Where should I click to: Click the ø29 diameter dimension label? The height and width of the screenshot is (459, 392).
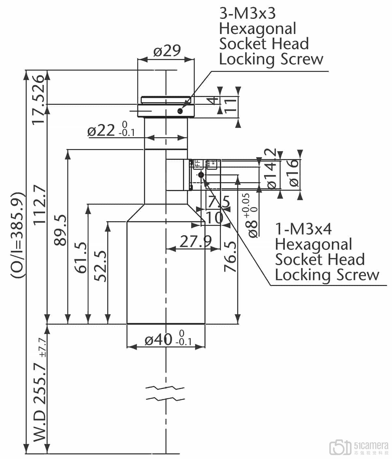pos(167,51)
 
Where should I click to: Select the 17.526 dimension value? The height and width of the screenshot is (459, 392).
pos(38,99)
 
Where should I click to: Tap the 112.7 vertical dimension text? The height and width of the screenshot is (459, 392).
pos(40,205)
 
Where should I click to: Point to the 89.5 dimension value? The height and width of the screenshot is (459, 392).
pos(60,230)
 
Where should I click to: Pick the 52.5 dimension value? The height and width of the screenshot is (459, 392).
pos(101,266)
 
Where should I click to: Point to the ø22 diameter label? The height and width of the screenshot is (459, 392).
pos(101,131)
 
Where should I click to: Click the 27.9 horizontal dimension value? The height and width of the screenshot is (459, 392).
pos(195,241)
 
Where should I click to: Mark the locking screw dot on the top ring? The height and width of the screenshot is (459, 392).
pos(180,111)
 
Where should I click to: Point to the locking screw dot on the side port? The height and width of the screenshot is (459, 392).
pos(201,175)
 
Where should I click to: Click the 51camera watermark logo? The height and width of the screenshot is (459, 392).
pos(358,447)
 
